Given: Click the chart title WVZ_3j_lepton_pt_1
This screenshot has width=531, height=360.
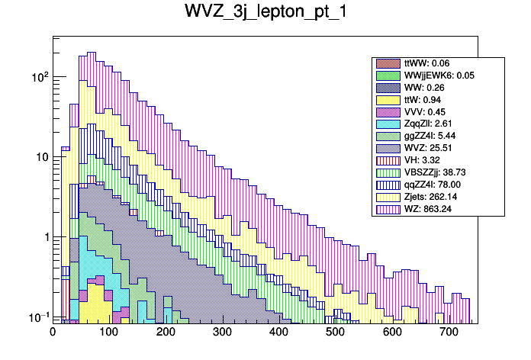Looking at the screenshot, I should pyautogui.click(x=265, y=12).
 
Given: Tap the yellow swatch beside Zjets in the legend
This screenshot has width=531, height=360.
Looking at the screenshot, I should pyautogui.click(x=388, y=196).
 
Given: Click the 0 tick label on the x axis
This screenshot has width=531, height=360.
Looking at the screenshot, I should pyautogui.click(x=53, y=333).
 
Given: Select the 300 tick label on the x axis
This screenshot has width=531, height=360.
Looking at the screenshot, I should pyautogui.click(x=222, y=333).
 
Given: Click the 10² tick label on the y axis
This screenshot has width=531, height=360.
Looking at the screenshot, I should pyautogui.click(x=38, y=77).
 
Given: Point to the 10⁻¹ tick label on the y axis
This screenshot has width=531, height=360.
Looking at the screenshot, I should pyautogui.click(x=37, y=317).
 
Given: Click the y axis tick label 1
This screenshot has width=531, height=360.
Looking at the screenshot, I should pyautogui.click(x=43, y=237).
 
